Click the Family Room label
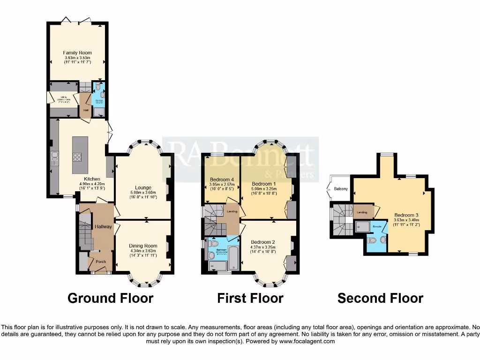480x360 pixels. (x=77, y=52)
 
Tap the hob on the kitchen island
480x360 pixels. (x=77, y=157)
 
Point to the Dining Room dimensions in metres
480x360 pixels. (x=143, y=251)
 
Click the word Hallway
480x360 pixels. (x=103, y=226)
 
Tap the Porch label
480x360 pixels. (x=101, y=262)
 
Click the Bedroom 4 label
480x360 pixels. (x=222, y=180)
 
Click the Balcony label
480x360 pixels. (x=341, y=189)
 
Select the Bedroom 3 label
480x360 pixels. (x=406, y=214)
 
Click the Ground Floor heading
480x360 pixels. (x=111, y=298)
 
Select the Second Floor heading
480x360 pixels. (x=380, y=298)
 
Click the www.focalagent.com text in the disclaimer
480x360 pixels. (x=307, y=341)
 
